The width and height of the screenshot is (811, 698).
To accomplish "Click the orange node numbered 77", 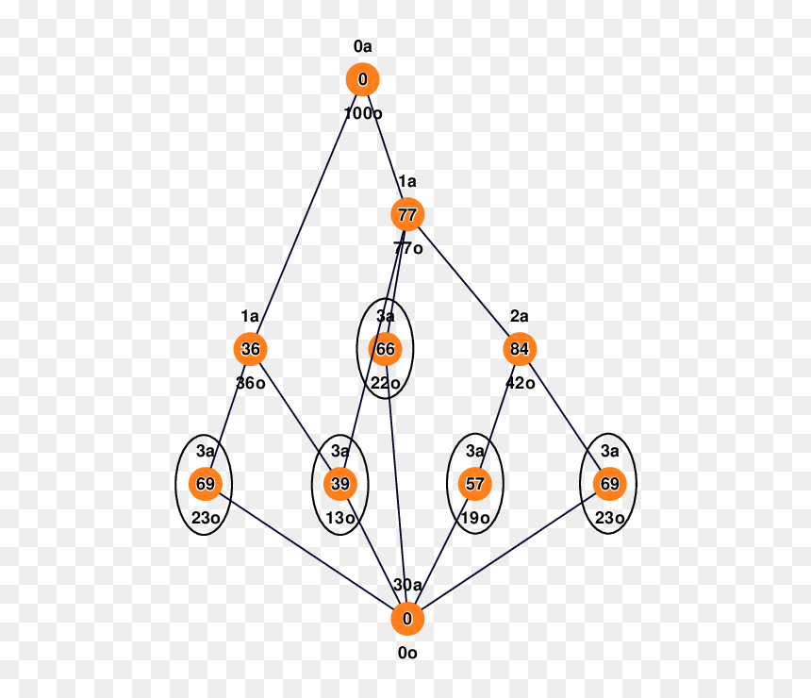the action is (x=407, y=214).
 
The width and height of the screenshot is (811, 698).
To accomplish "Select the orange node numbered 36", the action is (x=250, y=349).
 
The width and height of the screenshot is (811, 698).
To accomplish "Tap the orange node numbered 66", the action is (x=386, y=349).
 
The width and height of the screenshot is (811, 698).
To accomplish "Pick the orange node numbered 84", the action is (x=520, y=349).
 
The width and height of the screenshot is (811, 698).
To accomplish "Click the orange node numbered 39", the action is (x=340, y=484).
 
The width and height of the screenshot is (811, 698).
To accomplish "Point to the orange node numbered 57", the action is (x=474, y=484).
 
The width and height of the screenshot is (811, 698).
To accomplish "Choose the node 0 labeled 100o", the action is (x=362, y=79).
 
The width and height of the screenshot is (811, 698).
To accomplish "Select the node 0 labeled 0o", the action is (x=407, y=619).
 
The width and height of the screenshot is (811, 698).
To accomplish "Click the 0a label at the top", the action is (x=362, y=46).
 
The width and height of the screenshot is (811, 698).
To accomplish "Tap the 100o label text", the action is (x=363, y=113).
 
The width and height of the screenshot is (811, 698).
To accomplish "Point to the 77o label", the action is (x=408, y=248).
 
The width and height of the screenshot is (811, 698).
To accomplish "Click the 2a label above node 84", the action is (x=520, y=316).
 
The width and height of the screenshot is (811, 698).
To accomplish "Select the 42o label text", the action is (x=521, y=383).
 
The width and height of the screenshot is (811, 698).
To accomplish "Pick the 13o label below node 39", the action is (x=340, y=518).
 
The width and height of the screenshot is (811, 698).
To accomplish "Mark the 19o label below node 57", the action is (x=475, y=518).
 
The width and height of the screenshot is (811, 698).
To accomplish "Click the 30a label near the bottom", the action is (x=407, y=585).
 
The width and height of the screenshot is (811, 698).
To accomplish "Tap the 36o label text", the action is (x=251, y=383).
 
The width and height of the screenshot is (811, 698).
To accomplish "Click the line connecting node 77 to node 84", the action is (x=464, y=281).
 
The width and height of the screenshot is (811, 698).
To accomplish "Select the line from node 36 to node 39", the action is (x=295, y=417).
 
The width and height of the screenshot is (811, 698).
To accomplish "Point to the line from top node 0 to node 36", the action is (x=306, y=214).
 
